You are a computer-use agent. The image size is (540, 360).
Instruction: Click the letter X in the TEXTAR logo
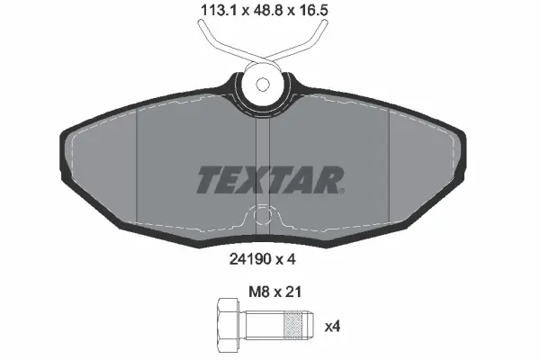[x=254, y=180]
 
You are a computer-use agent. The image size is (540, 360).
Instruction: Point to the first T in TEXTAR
[x=207, y=180]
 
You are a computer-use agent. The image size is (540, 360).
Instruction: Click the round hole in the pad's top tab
[x=262, y=85]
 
